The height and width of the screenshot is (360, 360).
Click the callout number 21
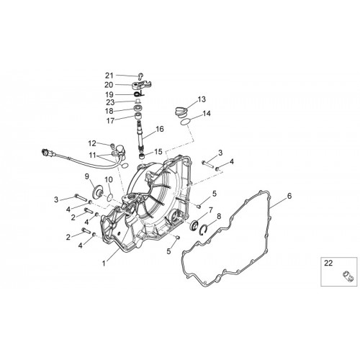(109, 76)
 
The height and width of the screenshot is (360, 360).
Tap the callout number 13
(202, 99)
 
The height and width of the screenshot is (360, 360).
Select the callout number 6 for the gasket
(289, 196)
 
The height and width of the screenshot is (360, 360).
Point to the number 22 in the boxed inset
(328, 264)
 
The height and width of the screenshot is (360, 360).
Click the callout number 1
(104, 264)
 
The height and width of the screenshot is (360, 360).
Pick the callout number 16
(160, 129)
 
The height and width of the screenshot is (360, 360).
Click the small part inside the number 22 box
(347, 275)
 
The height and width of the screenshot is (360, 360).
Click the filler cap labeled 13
(181, 112)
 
